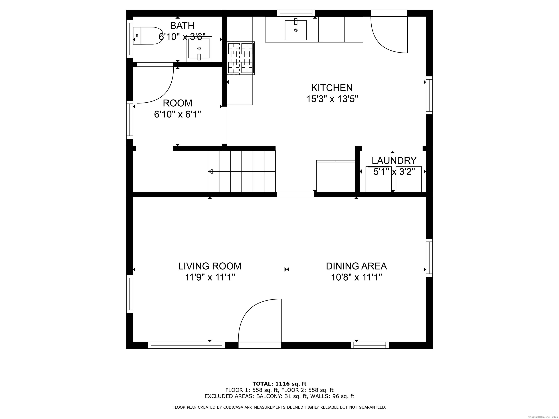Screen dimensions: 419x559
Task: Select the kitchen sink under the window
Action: click(296, 30)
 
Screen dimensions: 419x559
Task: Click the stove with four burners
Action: click(240, 58)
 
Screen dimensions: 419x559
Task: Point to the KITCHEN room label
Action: click(332, 88)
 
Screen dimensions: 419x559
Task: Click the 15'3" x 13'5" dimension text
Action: click(332, 99)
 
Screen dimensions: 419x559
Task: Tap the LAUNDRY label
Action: click(394, 161)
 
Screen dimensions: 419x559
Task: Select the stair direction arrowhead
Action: click(210, 171)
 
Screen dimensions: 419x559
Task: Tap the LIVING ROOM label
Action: click(210, 266)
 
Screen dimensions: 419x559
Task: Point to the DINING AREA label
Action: click(356, 266)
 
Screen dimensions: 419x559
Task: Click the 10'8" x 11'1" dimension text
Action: click(356, 278)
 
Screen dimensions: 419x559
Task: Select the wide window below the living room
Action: click(186, 345)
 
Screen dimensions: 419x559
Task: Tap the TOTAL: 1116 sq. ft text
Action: click(279, 384)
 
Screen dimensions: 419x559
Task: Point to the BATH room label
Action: click(182, 26)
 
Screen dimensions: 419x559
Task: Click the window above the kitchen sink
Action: click(296, 13)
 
